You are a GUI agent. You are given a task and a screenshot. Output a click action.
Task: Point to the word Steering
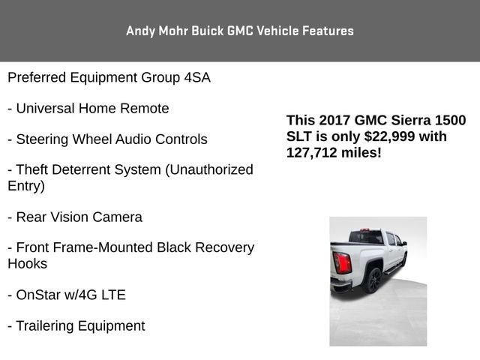[40, 139]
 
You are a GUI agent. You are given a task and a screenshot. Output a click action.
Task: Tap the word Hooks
[27, 263]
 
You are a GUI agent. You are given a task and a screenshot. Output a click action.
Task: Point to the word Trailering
[45, 325]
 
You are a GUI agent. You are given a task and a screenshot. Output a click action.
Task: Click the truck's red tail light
[342, 262]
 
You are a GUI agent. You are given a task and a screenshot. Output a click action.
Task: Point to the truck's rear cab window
[367, 238]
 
